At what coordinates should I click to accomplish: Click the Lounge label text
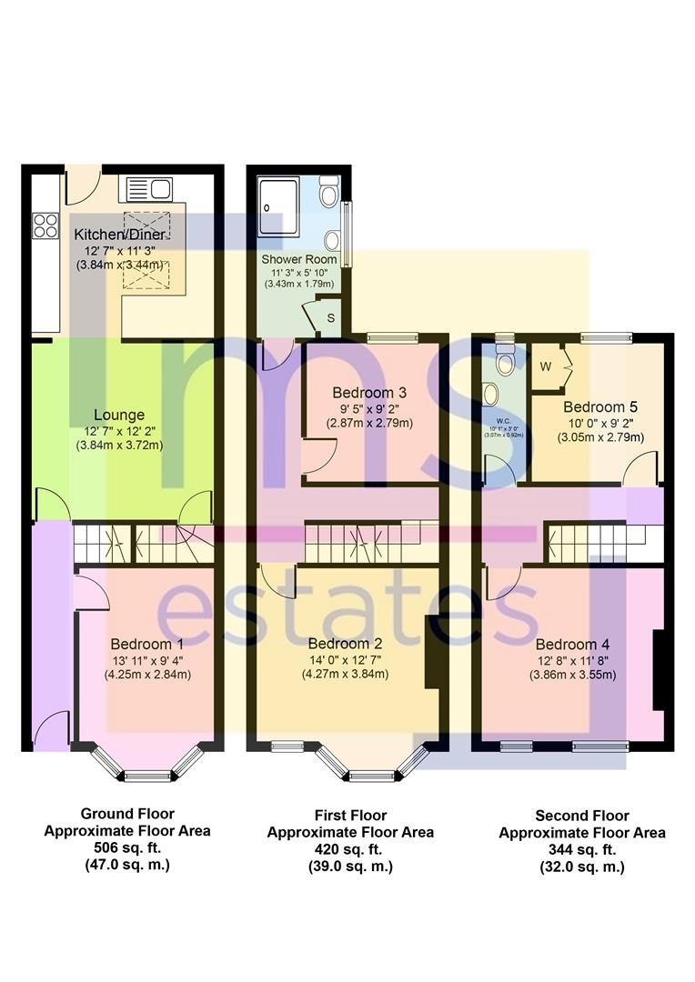tap(119, 415)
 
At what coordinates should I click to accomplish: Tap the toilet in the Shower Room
tap(329, 195)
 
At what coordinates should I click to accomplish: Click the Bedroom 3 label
tap(368, 393)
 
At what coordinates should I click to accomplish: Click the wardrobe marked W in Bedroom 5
tap(546, 367)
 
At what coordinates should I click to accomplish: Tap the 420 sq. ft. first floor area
tap(350, 849)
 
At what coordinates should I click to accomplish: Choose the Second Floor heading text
tap(582, 816)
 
